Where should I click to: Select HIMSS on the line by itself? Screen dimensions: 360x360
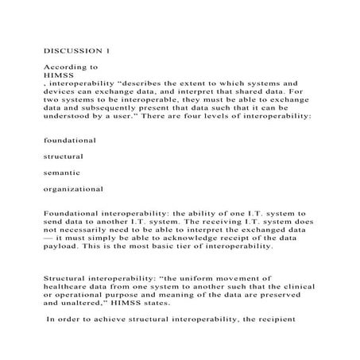coord(57,75)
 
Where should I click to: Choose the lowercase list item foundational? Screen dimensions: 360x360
coord(70,139)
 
